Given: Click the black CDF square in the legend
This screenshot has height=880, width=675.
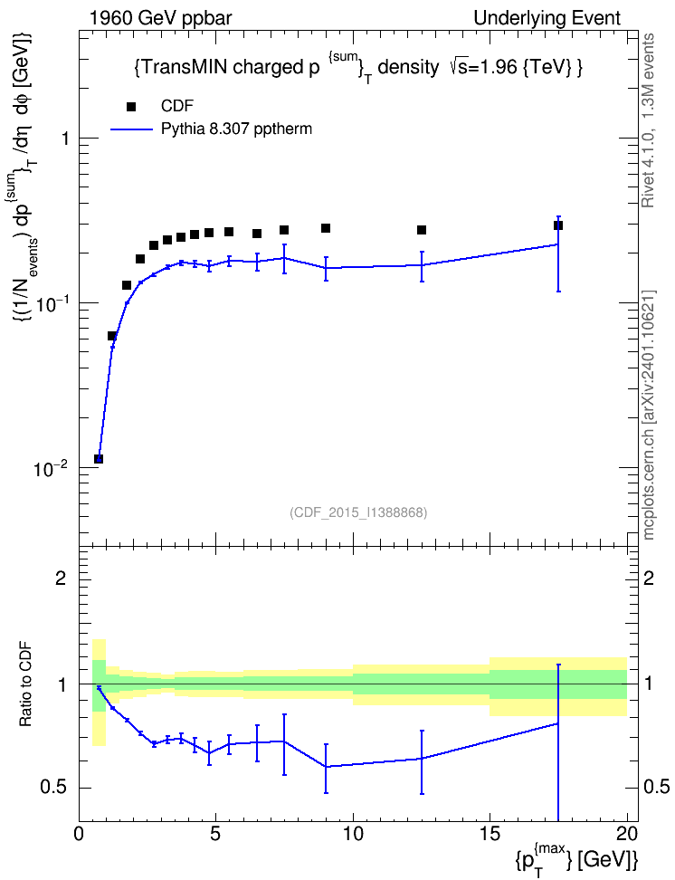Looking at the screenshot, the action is point(131,107).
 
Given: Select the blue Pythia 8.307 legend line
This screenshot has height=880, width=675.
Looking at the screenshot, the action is point(132,129).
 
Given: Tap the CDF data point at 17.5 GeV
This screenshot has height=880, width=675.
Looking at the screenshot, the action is point(558,225).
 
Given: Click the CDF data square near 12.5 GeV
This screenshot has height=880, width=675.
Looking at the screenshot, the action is point(422,230).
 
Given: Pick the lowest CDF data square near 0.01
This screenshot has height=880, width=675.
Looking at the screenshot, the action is point(99,459).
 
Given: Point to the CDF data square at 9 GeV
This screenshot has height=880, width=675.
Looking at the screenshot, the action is point(326,228).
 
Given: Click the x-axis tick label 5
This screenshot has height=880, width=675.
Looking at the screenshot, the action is point(215,834).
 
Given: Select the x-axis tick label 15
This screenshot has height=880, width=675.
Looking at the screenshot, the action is point(490,834).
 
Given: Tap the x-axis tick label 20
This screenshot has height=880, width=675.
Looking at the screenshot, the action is point(627,834).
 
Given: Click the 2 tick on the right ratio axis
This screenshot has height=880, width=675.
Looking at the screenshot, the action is point(649,578).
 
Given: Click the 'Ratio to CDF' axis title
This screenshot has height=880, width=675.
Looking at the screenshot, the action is point(25,684).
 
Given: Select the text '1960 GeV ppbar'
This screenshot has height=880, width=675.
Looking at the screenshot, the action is point(160,18).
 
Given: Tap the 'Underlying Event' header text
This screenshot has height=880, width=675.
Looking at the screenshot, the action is point(547,18).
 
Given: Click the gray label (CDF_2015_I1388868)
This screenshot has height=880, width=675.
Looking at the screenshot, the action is point(358,512).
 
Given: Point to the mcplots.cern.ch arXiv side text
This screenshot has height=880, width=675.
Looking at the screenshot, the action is point(649,416).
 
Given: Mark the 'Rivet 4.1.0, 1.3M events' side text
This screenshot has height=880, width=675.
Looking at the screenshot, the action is point(648,120).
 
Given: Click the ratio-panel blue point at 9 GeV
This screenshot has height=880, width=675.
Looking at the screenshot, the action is point(326,767).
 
